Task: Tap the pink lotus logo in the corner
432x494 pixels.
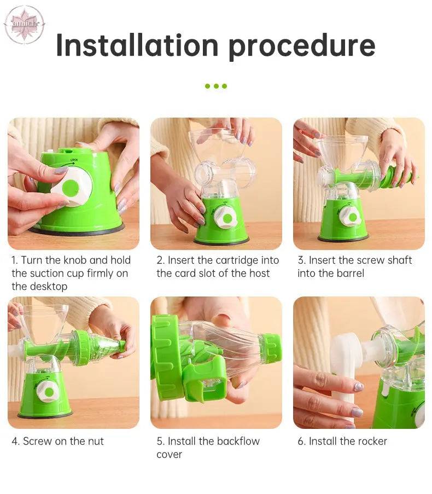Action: pos(24,24)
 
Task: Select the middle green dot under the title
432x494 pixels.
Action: pos(216,86)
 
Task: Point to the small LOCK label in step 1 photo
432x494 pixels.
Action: pos(74,160)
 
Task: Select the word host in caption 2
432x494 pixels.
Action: pos(259,274)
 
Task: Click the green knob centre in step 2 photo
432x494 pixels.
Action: pos(227,218)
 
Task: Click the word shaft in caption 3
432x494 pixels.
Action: pos(400,260)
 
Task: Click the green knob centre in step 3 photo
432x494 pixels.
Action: pos(353,217)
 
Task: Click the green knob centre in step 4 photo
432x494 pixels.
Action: pos(49,392)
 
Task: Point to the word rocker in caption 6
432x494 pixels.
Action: pos(371,441)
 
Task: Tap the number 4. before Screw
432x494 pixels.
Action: pos(16,441)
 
